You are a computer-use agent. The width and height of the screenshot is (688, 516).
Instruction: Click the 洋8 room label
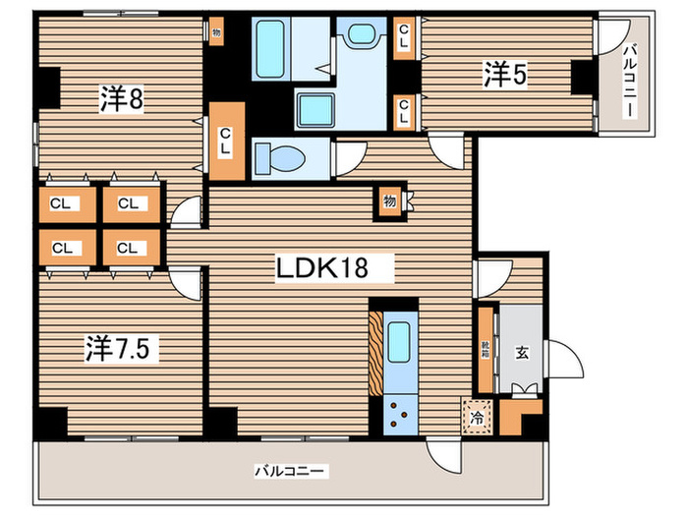click(x=123, y=98)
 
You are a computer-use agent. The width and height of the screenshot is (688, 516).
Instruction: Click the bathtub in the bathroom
click(x=269, y=44)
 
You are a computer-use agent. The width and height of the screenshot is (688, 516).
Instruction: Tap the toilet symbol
click(x=279, y=157)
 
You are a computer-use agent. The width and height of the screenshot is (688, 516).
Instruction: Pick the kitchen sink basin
click(x=399, y=345)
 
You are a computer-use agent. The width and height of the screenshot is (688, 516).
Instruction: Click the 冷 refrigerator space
click(x=477, y=417)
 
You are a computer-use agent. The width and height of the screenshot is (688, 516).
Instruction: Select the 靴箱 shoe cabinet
click(x=486, y=348)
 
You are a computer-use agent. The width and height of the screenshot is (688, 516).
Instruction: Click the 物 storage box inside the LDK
click(x=389, y=201)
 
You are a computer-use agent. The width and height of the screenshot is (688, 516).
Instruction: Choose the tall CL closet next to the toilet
click(x=226, y=140)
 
